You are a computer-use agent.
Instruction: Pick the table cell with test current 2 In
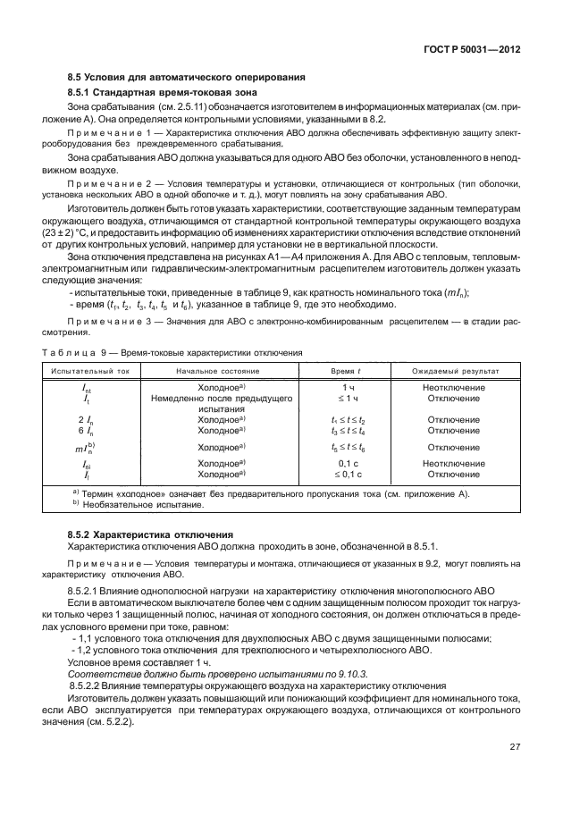tap(86, 418)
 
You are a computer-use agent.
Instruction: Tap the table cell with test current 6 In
tap(86, 430)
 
